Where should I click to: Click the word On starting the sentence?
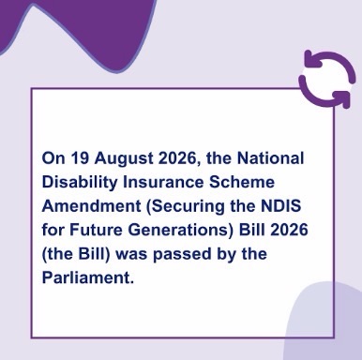[x=53, y=158]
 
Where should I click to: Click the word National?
[x=270, y=158]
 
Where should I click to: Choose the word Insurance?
[x=163, y=182]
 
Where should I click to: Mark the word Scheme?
[x=242, y=182]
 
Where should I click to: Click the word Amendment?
[x=91, y=206]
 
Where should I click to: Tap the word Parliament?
[x=88, y=277]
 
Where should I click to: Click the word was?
[x=131, y=255]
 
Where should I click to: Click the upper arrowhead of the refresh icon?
[x=312, y=59]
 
